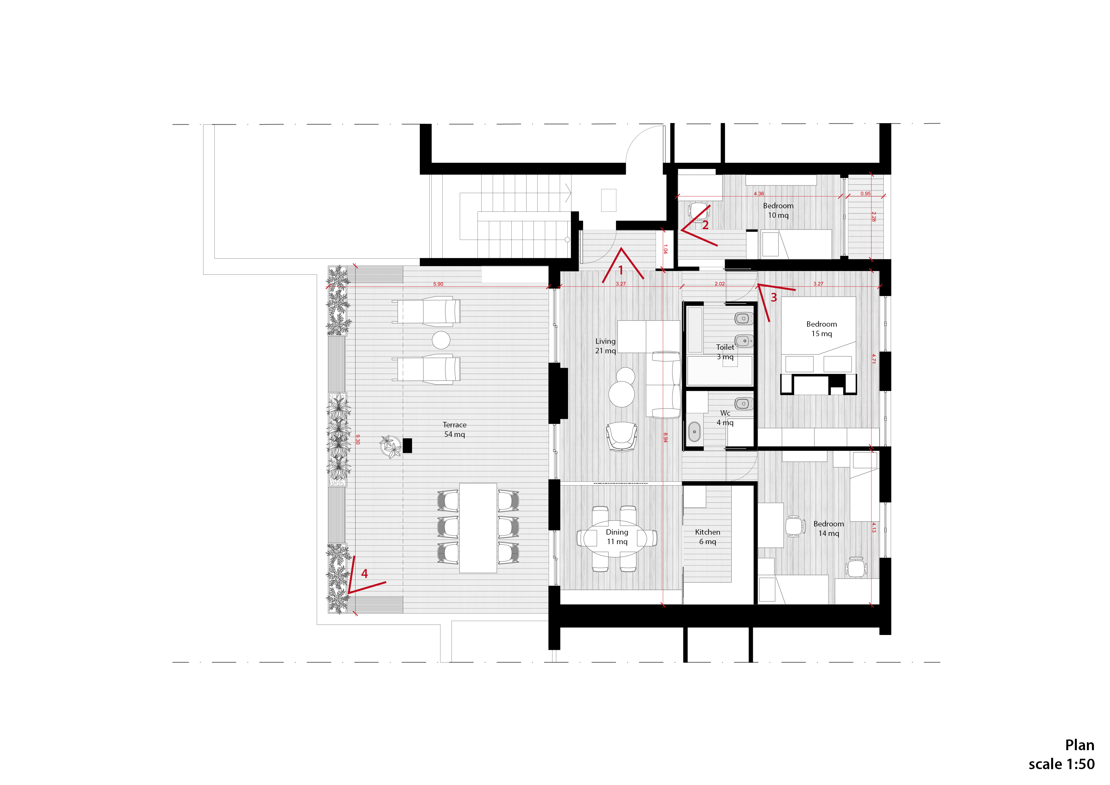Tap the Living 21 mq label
point(605,346)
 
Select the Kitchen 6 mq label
point(707,537)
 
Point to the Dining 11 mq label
point(617,537)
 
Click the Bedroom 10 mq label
point(778,210)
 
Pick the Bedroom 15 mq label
point(821,329)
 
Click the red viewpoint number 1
point(621,270)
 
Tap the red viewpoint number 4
point(365,574)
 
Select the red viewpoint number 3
point(774,298)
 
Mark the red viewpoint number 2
point(705,225)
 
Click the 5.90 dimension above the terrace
point(438,284)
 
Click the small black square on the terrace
point(407,445)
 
